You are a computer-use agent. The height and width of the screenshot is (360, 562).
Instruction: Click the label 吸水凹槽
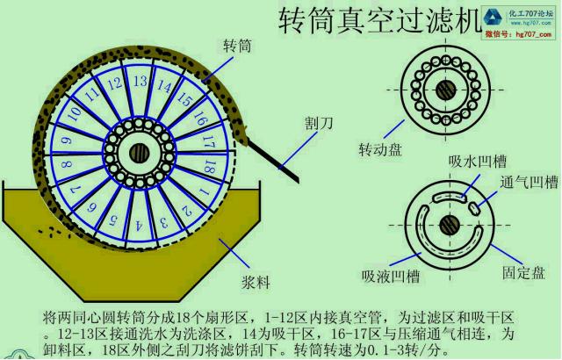(467, 162)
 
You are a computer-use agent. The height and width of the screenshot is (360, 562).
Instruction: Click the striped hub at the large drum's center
(138, 152)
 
